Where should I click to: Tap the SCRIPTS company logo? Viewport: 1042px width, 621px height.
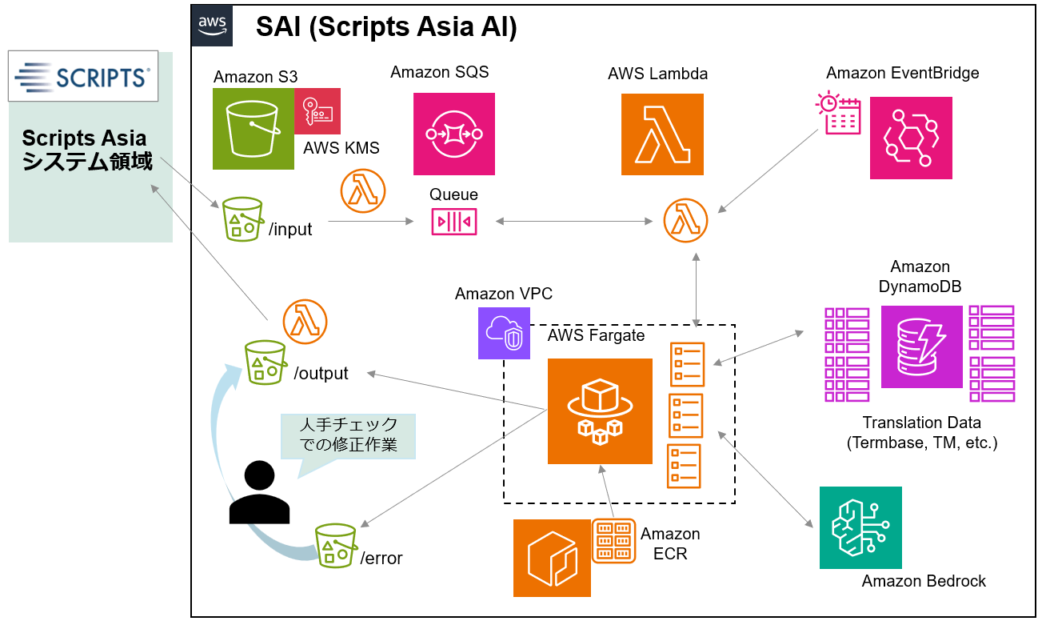point(82,77)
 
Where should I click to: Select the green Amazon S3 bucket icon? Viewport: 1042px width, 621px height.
point(254,129)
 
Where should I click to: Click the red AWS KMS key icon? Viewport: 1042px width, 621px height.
point(317,111)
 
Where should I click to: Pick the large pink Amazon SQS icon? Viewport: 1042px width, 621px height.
point(453,134)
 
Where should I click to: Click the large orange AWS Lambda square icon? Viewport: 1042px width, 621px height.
point(662,134)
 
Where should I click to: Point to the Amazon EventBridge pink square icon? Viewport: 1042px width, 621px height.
point(911,138)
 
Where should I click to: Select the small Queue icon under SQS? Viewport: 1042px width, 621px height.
point(454,221)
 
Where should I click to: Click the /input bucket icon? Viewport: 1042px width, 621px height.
point(242,218)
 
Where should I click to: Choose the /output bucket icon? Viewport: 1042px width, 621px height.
point(265,363)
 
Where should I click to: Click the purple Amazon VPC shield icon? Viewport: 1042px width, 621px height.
point(504,333)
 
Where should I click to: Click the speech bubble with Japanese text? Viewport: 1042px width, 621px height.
point(348,437)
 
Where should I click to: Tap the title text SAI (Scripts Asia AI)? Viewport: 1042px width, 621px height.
point(386,28)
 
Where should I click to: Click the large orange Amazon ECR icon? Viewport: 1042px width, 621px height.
point(552,558)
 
